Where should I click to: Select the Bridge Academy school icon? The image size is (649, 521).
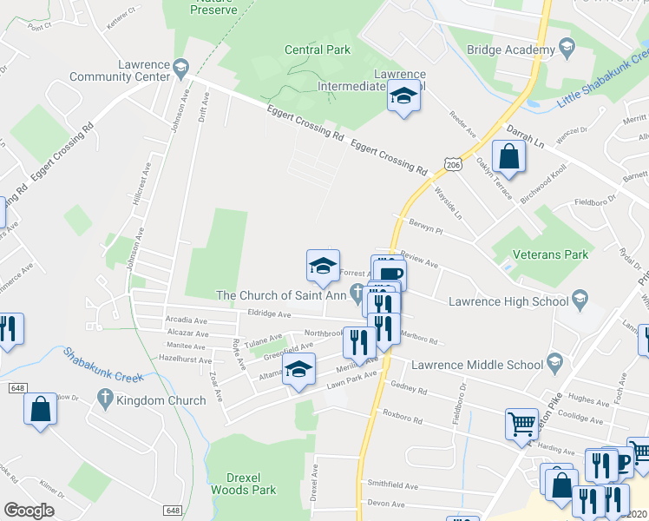(x=567, y=47)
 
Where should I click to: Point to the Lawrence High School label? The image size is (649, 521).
(x=508, y=302)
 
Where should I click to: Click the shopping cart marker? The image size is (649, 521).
(x=522, y=423)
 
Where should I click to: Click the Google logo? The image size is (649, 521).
(x=29, y=510)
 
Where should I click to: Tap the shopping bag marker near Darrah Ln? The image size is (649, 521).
(x=509, y=157)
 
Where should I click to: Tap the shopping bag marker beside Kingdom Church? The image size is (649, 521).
(x=40, y=410)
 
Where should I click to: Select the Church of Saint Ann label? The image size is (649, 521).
(x=281, y=295)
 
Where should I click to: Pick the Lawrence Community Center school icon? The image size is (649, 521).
(x=180, y=66)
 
